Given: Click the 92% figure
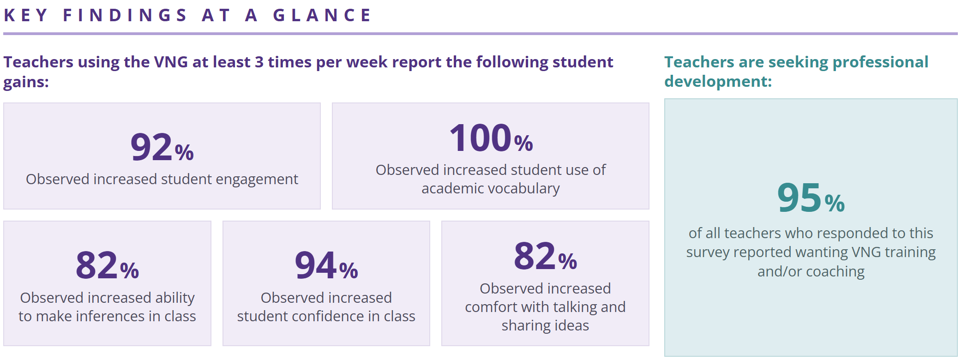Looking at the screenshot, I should click(x=162, y=148).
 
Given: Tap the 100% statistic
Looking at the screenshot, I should click(x=491, y=138).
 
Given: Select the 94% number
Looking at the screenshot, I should click(x=326, y=266).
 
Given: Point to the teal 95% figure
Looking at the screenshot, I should click(x=811, y=198).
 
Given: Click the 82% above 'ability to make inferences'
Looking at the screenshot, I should click(x=107, y=266).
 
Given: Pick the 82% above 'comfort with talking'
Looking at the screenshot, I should click(x=545, y=257).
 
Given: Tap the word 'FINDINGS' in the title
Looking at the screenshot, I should click(x=125, y=15).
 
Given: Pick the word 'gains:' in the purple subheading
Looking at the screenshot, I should click(x=26, y=82).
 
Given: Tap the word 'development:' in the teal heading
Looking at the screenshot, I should click(x=718, y=82).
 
